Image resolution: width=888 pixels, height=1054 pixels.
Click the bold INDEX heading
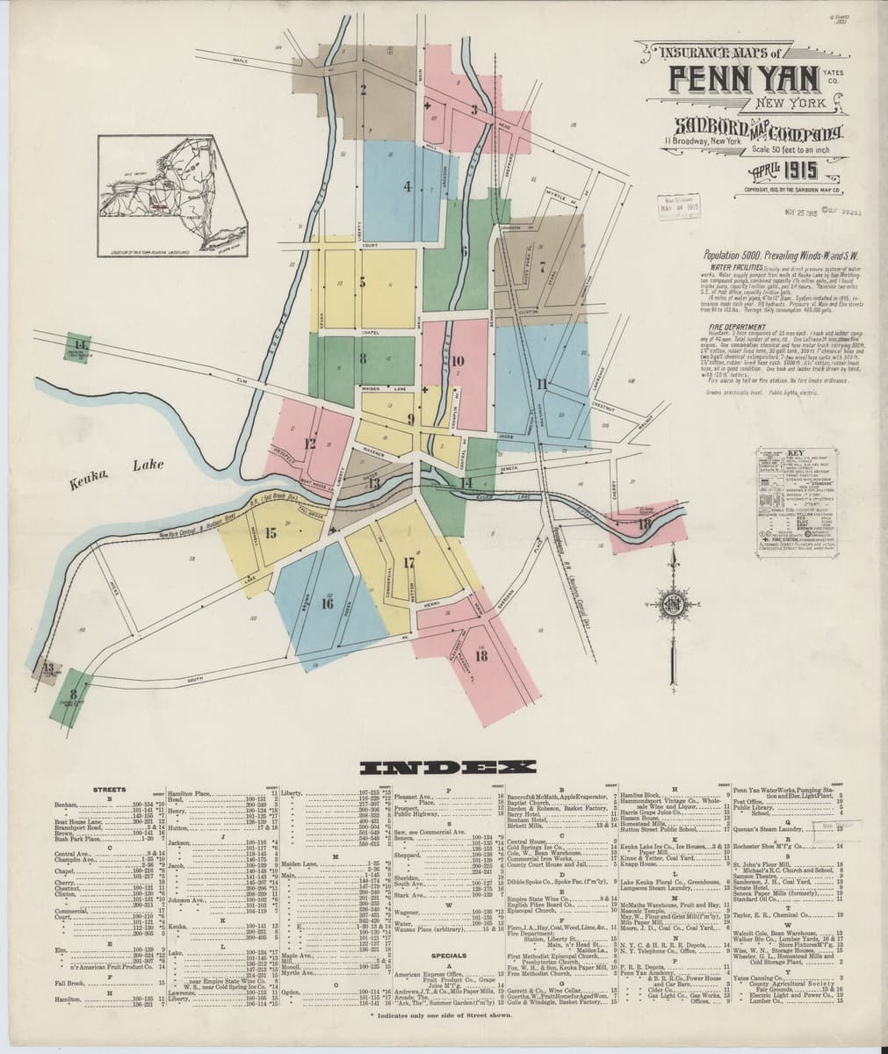(443, 768)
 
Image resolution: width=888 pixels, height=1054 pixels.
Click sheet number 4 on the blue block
(407, 185)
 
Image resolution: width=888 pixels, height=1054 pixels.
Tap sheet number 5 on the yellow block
(362, 282)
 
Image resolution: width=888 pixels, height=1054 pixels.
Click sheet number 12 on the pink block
(309, 444)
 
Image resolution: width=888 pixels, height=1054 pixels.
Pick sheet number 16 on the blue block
(327, 603)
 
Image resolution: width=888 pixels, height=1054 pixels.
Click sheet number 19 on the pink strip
(645, 524)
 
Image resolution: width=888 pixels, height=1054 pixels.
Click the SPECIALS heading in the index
(447, 955)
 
